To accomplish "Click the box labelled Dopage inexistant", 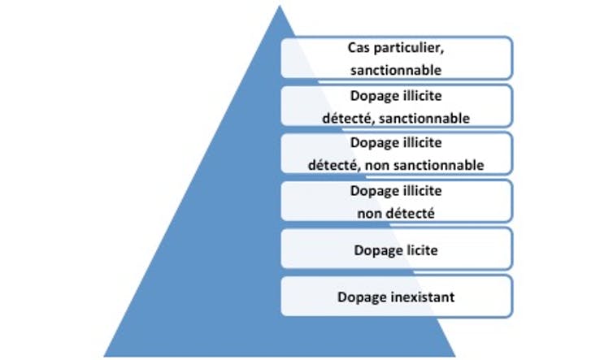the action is click(x=396, y=297).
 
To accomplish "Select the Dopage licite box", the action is click(x=396, y=249).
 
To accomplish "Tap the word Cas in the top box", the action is click(x=359, y=48).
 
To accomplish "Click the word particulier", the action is click(x=409, y=49).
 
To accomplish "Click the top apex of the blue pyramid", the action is click(x=280, y=6).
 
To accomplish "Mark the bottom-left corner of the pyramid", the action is click(x=104, y=356).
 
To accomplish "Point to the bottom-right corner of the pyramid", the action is click(x=455, y=356).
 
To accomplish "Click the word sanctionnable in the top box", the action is click(x=396, y=71).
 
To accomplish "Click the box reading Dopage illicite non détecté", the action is click(x=396, y=201).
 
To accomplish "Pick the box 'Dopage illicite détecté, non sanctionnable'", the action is click(x=396, y=154).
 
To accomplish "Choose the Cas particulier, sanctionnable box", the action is click(x=396, y=58).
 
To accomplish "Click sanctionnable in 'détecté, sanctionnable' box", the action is click(x=424, y=119).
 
